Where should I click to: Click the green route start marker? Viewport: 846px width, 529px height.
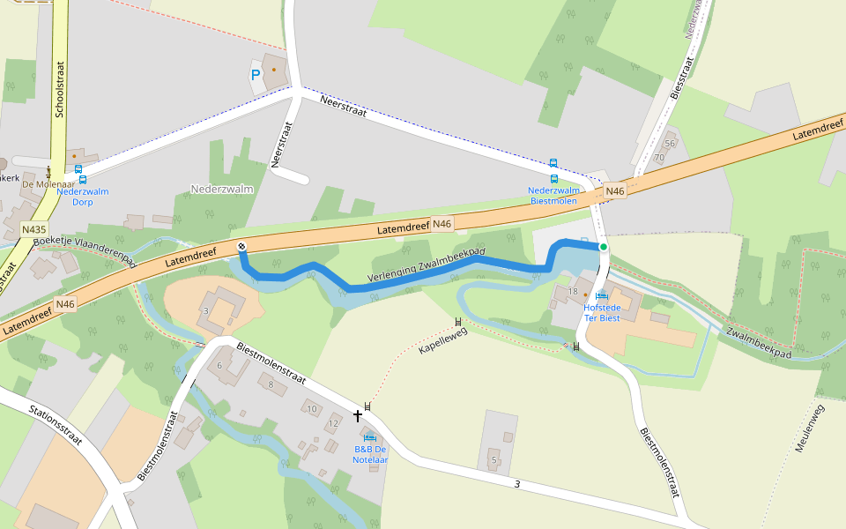pos(604,247)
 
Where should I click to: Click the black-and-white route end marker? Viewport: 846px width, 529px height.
pos(241,246)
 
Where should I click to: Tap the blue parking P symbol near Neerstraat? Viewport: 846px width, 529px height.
pos(256,76)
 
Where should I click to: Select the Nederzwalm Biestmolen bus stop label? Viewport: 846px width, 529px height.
pos(553,195)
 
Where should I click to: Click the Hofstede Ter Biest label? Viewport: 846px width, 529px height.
pos(602,312)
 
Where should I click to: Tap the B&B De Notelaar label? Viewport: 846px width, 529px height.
pos(370,454)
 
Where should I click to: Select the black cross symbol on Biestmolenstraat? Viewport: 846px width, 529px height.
pos(358,414)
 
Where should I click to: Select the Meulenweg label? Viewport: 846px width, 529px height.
pos(808,428)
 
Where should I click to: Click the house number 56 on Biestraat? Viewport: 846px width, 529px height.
pos(670,143)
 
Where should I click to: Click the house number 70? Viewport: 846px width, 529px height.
pos(659,157)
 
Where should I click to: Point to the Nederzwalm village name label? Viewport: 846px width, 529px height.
pos(222,189)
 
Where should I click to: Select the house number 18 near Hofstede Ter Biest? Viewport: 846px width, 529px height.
pos(573,291)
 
